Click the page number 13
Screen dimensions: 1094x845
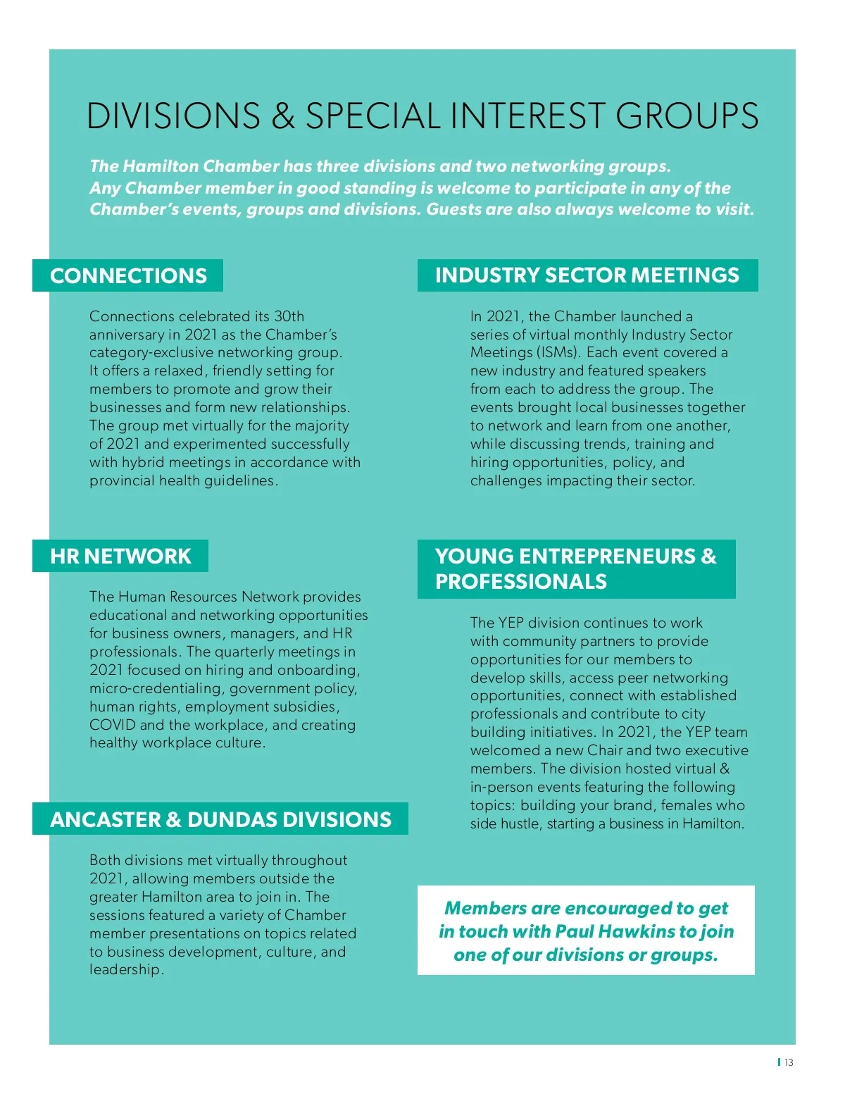click(789, 1062)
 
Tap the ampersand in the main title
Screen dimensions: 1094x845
click(282, 116)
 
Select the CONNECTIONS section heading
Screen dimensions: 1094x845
click(128, 275)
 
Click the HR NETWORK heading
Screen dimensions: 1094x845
click(120, 556)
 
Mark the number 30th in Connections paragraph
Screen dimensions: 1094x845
click(289, 316)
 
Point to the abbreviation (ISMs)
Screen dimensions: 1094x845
click(560, 352)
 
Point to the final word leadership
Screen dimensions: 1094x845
click(125, 969)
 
